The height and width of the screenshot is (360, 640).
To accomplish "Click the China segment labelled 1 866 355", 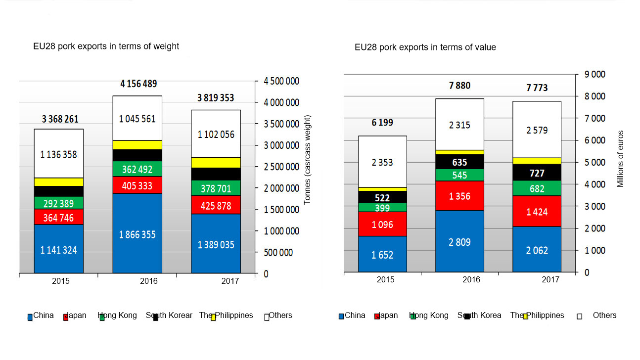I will click(x=137, y=234).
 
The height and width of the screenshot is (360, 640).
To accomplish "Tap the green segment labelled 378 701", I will click(x=216, y=188).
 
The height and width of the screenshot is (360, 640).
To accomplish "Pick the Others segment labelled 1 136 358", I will click(x=59, y=154).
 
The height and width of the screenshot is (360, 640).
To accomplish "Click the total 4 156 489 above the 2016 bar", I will click(x=138, y=84).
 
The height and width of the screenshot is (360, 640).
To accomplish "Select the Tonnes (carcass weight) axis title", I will click(x=307, y=160).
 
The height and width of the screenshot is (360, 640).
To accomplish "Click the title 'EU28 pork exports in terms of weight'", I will click(x=106, y=46).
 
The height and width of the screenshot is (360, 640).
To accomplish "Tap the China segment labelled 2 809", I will click(x=459, y=242).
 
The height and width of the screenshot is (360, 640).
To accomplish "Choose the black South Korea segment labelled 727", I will click(x=537, y=173).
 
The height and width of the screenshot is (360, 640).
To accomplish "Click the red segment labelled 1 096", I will click(x=382, y=224).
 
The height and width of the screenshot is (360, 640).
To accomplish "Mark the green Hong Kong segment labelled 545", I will click(x=459, y=175).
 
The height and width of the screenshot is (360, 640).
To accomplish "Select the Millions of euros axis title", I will click(x=620, y=159).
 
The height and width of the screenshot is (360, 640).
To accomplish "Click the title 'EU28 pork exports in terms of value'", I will click(x=425, y=47).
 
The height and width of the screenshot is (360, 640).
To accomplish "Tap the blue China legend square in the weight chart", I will click(x=30, y=317).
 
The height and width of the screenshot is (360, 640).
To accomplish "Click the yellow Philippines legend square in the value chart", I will click(x=525, y=316).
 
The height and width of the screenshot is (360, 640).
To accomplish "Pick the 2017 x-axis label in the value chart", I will click(x=550, y=280).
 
